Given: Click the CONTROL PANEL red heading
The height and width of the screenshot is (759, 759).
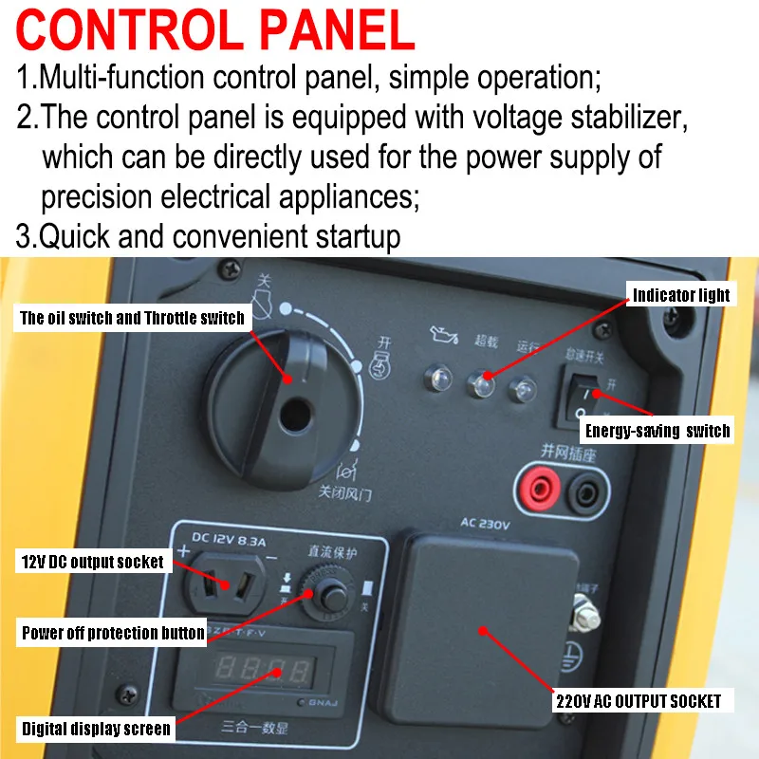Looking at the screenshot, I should (216, 29).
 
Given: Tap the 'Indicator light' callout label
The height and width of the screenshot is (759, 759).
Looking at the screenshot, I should (681, 295).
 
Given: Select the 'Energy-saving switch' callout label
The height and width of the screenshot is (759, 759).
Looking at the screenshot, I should (657, 431).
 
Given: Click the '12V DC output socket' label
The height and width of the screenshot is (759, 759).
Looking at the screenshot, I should (92, 562).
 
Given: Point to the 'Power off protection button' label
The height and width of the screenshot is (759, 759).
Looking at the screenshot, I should (113, 633).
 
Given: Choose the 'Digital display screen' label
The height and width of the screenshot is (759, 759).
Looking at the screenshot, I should (97, 729).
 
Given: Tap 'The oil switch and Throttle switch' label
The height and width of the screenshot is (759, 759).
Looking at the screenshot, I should (132, 318).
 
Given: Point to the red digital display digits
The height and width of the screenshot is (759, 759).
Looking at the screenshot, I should (262, 667).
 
